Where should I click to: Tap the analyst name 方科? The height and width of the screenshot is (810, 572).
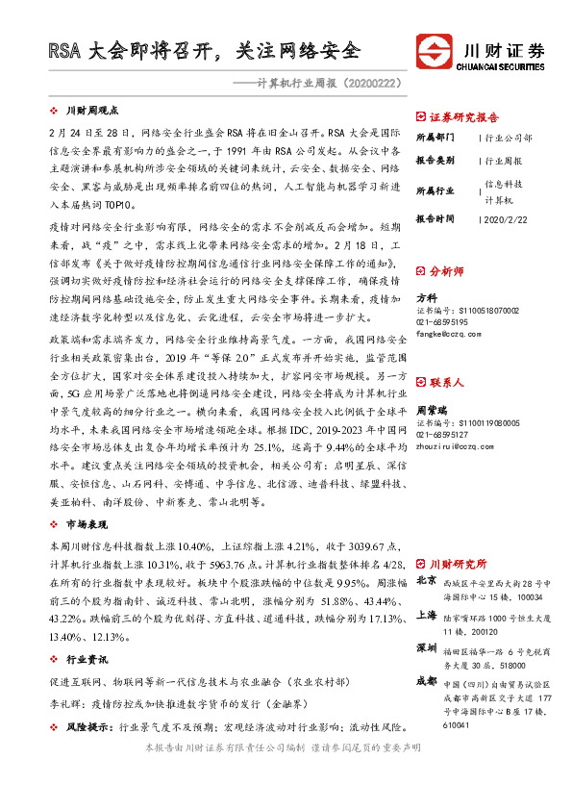[425, 298]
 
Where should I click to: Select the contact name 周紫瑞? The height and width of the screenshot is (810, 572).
[431, 382]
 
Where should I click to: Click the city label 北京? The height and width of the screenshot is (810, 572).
[427, 581]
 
